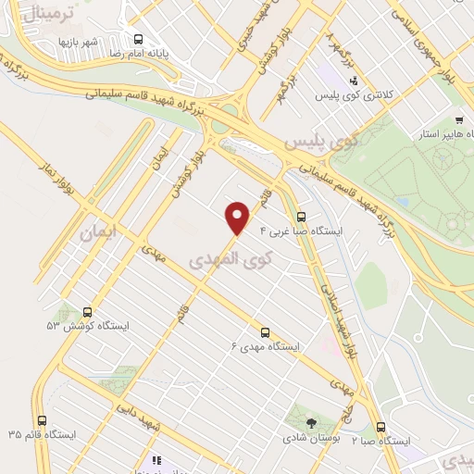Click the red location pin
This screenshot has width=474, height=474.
click(x=238, y=216)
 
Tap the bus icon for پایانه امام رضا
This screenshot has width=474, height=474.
click(x=138, y=39)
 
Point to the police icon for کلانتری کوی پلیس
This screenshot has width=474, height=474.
click(x=352, y=81)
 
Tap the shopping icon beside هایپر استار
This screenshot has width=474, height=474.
click(x=460, y=120)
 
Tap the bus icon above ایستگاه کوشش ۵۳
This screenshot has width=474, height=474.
click(x=88, y=312)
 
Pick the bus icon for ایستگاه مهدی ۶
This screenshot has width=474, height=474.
click(x=266, y=331)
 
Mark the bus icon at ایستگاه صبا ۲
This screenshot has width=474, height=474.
click(x=381, y=427)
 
